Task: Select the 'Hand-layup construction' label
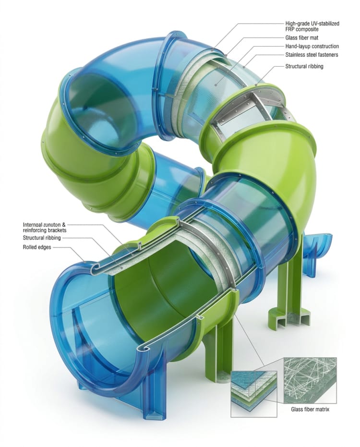[x=312, y=47]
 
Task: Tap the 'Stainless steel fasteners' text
[x=312, y=55]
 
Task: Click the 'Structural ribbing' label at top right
[x=304, y=66]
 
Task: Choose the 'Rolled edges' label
[x=38, y=247]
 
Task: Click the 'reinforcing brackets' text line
[x=45, y=230]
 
